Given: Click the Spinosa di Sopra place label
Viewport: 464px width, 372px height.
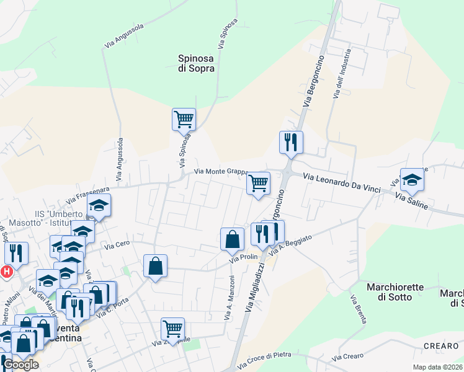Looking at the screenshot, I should pos(196,63).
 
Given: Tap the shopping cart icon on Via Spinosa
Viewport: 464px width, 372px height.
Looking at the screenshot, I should pos(184,119).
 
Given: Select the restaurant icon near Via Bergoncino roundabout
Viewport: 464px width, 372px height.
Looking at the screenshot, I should pos(290,143).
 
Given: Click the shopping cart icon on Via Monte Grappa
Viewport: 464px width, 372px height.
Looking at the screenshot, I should pos(258,184).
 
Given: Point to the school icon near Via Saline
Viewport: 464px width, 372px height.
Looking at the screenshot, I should pos(411,180).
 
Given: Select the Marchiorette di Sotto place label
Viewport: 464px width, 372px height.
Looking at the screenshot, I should pos(395,292).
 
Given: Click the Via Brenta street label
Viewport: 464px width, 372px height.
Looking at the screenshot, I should pos(359,309).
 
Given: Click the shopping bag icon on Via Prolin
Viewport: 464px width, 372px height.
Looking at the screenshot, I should pos(232,239).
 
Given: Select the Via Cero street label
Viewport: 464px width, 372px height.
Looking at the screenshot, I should pos(117,246).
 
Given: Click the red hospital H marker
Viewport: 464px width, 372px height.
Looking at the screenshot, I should pos(6,272).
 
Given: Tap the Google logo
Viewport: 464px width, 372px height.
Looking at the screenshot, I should pos(20,364).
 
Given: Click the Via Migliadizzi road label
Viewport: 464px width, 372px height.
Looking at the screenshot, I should pos(255,286).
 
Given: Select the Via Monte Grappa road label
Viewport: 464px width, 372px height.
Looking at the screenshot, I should pos(221,172).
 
